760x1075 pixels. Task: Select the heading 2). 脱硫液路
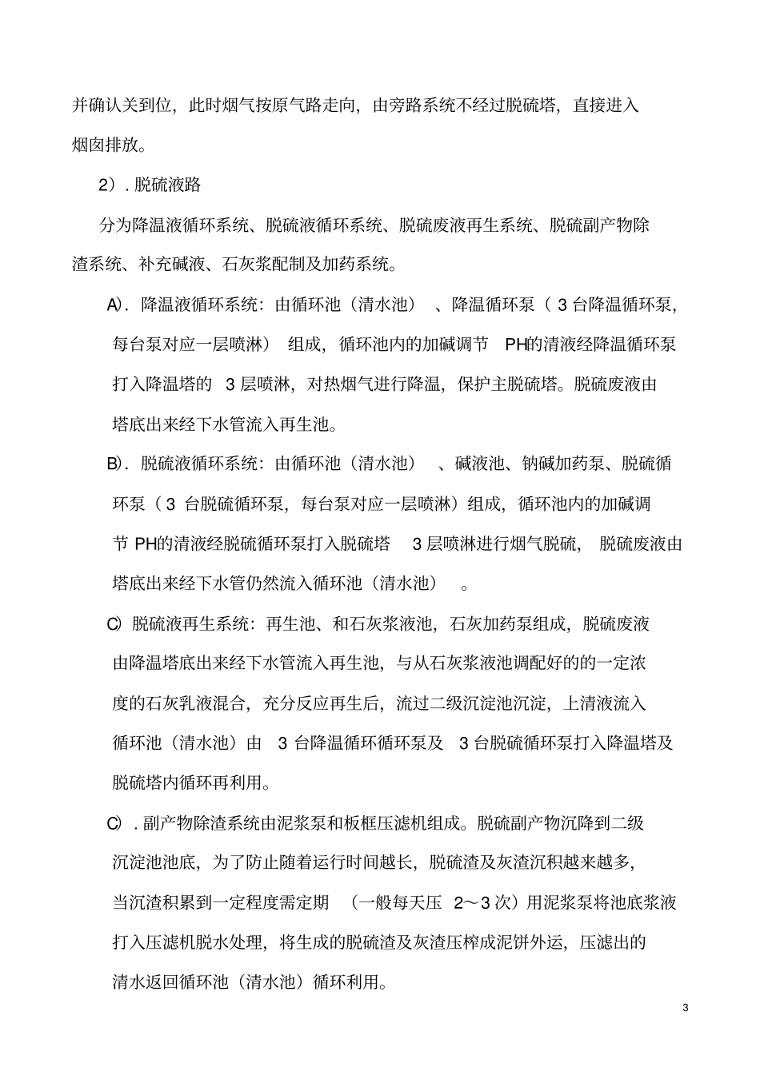pos(150,185)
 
